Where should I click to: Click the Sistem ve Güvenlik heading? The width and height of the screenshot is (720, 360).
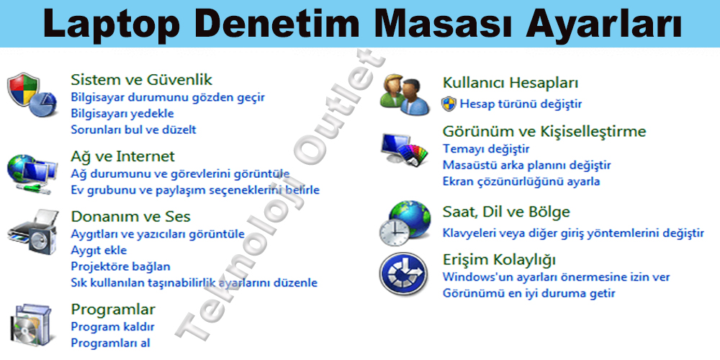coord(141,80)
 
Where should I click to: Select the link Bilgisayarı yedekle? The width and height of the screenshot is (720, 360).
coord(122,113)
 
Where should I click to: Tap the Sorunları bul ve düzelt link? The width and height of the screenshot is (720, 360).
coord(133,130)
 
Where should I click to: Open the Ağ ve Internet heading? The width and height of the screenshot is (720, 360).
coord(122,156)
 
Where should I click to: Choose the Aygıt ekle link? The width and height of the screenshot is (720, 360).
coord(99,251)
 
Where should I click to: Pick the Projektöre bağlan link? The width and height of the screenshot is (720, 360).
coord(120,266)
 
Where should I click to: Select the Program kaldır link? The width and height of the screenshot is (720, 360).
coord(112,327)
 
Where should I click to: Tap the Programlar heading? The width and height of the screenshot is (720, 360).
coord(113,310)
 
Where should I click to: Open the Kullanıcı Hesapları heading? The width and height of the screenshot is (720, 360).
coord(510,83)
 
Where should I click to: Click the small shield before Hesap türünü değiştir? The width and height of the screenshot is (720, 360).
coord(449,104)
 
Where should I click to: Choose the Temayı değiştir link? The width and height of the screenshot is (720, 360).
coord(486,149)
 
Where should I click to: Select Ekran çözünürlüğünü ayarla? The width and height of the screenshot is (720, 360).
coord(521,181)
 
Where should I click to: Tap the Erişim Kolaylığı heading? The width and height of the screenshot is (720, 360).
coord(499,259)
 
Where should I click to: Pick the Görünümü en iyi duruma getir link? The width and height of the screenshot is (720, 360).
coord(528,293)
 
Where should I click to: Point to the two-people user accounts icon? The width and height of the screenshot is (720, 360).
coord(405,94)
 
